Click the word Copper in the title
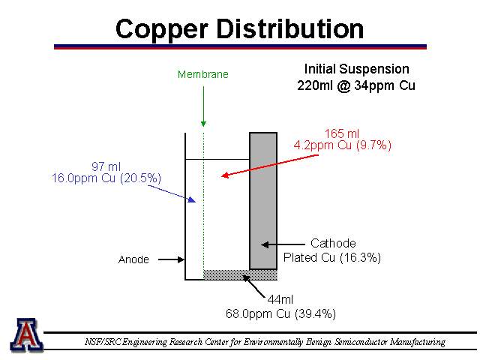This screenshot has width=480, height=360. pos(162,30)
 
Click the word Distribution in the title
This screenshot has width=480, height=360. pos(290,28)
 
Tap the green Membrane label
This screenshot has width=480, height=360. pos(203,74)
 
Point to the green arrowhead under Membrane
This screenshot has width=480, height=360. pos(203,124)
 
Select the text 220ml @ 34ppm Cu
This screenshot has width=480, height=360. pos(356,85)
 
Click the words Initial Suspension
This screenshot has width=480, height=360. pos(357,69)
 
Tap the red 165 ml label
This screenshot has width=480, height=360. pos(342,133)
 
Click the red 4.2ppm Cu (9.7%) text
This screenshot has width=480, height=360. pos(343,145)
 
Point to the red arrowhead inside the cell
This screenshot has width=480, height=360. pos(225,175)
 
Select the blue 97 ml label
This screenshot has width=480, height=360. pos(106,166)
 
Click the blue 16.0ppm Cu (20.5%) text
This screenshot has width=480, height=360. pos(106,178)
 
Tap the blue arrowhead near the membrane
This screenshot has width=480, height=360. pos(192,199)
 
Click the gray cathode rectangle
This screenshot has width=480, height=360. pos(263,201)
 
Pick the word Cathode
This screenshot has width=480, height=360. pos(333,243)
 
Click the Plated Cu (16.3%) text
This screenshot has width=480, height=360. pos(332,258)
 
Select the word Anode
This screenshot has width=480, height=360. pos(133,259)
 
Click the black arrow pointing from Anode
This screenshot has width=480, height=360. pos(172,259)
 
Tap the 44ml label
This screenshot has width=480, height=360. pos(280,299)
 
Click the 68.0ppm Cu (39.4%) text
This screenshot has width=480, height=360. pos(280,314)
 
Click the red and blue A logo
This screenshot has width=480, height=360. pos(26,334)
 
